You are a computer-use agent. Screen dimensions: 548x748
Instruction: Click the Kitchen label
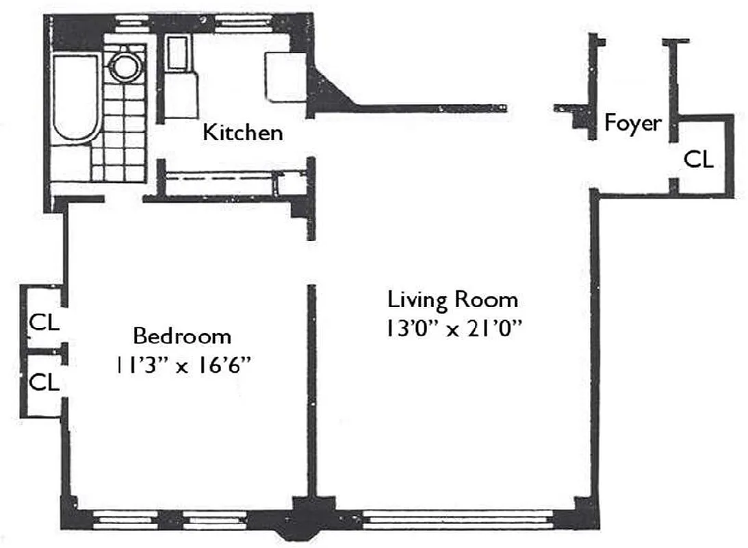pyautogui.click(x=242, y=132)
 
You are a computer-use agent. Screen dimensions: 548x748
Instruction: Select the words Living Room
pyautogui.click(x=452, y=300)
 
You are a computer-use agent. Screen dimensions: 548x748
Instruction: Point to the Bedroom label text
pyautogui.click(x=181, y=336)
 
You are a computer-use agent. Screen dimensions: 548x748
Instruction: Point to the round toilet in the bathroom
pyautogui.click(x=125, y=66)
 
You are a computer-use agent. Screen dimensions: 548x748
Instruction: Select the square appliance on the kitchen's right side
pyautogui.click(x=285, y=77)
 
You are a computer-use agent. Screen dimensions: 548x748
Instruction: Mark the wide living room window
pyautogui.click(x=456, y=519)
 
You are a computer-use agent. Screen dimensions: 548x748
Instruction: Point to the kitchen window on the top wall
pyautogui.click(x=247, y=23)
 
